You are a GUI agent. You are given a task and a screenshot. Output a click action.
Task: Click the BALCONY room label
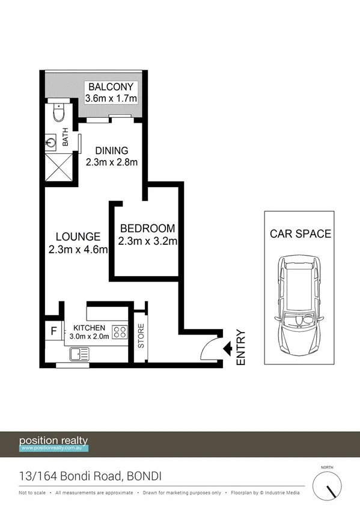112,87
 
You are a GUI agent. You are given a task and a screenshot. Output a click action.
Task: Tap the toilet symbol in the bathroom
58,112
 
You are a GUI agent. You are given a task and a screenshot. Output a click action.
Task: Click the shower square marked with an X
58,167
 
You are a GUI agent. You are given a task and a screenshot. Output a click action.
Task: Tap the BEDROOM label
147,229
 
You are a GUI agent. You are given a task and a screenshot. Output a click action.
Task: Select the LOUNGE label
74,236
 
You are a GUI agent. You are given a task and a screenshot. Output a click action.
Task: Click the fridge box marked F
53,331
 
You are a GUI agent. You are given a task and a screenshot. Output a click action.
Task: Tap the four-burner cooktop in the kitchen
119,332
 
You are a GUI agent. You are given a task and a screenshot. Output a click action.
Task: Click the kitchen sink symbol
79,355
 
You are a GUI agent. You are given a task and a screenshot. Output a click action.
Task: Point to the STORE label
142,337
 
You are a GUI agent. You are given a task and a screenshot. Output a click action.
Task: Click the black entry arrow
228,348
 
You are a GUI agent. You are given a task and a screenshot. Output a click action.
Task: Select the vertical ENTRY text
242,347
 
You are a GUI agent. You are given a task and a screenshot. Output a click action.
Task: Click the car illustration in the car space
298,307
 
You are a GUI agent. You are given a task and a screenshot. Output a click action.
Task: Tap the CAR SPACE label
300,234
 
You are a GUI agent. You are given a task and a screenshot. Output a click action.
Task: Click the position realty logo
54,443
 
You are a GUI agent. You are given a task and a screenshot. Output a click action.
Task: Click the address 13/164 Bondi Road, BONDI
90,476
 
